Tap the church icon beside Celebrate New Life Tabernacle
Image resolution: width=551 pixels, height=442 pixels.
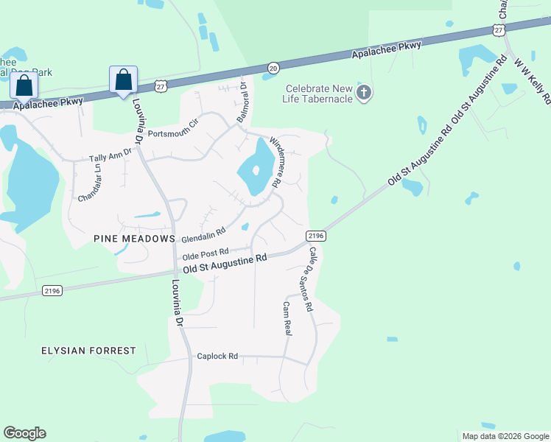click(x=363, y=93)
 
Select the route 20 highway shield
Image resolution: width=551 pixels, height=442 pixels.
click(x=273, y=67)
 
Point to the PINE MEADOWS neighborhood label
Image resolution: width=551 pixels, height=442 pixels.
click(x=134, y=239)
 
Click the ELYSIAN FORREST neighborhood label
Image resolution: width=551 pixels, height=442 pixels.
click(x=88, y=351)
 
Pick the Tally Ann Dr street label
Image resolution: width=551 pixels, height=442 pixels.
click(x=110, y=155)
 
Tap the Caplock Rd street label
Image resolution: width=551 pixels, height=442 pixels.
click(x=217, y=356)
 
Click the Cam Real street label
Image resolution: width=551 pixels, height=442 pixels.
click(x=287, y=318)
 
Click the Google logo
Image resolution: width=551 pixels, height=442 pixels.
click(x=24, y=433)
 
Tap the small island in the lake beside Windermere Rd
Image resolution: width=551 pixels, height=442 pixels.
click(x=256, y=171)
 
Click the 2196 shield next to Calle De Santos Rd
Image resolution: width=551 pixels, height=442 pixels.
click(x=315, y=236)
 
